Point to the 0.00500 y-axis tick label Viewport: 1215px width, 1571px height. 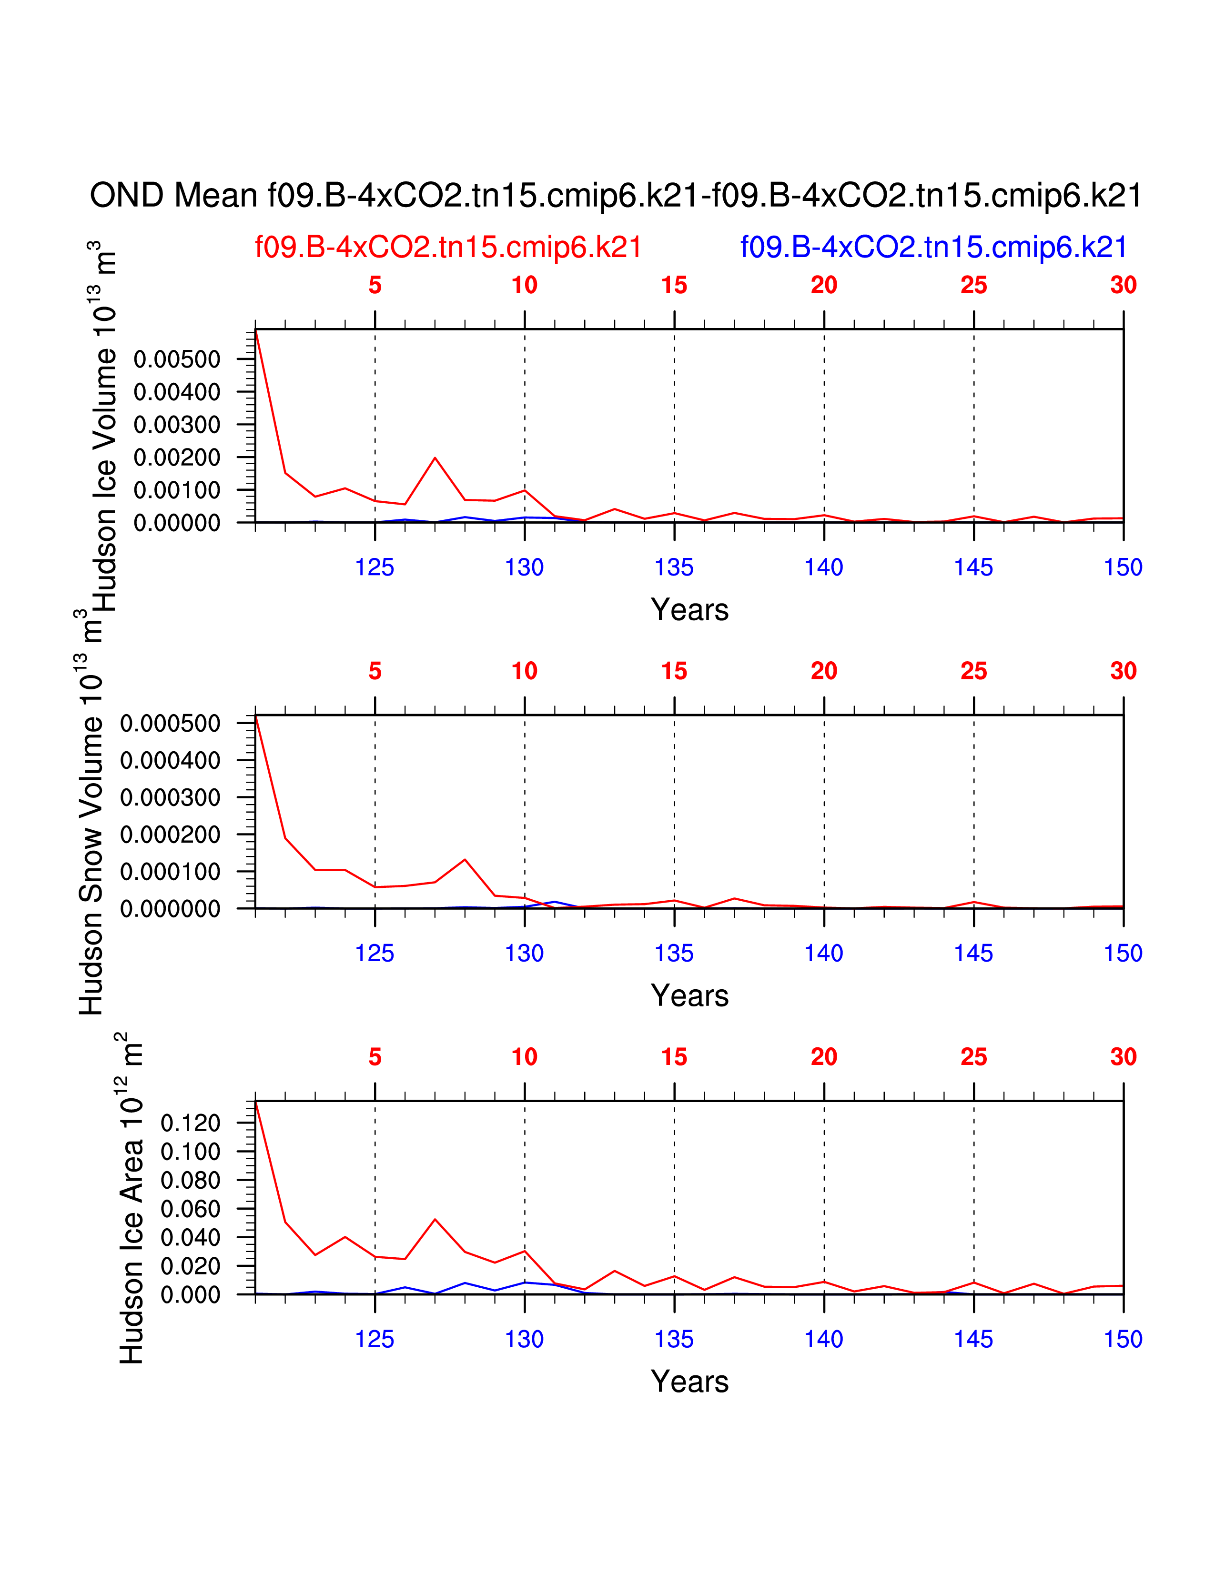[177, 359]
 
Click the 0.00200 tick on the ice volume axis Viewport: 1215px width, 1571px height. [177, 457]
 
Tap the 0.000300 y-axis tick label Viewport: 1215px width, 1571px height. [170, 798]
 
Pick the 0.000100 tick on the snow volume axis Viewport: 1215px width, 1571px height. [170, 872]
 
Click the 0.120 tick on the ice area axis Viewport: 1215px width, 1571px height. [190, 1123]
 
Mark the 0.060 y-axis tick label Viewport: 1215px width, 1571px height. [190, 1209]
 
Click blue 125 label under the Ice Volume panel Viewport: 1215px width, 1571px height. [375, 567]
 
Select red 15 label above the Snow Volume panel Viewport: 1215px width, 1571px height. [674, 671]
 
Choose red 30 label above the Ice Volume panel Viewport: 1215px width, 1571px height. [1123, 286]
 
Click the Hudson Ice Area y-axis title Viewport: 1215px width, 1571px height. [131, 1198]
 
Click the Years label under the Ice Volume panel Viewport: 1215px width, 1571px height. [689, 610]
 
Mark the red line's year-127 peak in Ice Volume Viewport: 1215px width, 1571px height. [435, 458]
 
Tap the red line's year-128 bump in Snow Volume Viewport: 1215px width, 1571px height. [465, 860]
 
